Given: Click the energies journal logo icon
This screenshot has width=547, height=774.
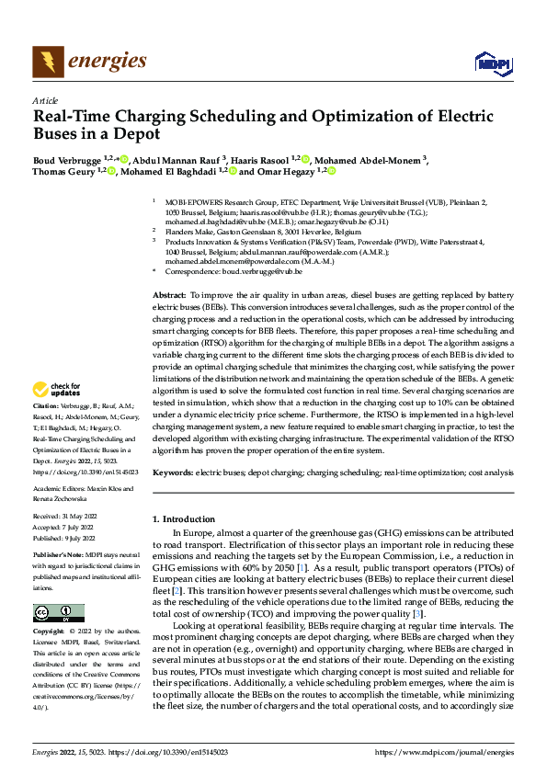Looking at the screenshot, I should coord(48,63).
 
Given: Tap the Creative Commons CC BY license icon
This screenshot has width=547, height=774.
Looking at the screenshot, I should coord(58,613).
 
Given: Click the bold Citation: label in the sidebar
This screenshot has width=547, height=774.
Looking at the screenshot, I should coord(46,430).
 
